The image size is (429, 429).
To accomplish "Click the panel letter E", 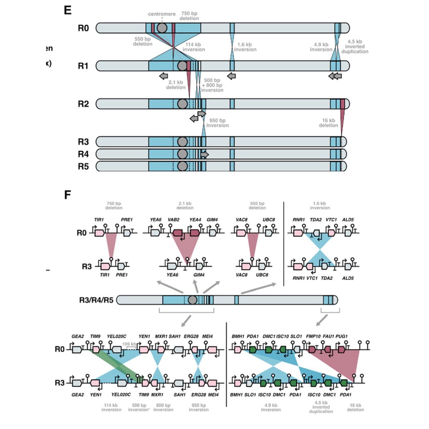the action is pyautogui.click(x=68, y=10).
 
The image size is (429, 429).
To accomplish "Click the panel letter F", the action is pyautogui.click(x=67, y=195).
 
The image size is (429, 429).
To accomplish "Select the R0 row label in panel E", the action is pyautogui.click(x=83, y=28).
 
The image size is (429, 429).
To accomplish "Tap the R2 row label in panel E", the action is pyautogui.click(x=83, y=104).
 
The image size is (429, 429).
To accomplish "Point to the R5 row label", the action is pyautogui.click(x=83, y=166).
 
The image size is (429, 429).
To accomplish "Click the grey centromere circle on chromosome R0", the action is pyautogui.click(x=162, y=28).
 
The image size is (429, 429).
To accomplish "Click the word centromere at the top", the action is pyautogui.click(x=162, y=14).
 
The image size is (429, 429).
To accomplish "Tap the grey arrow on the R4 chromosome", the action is pyautogui.click(x=204, y=154).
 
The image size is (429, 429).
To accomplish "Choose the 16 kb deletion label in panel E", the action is pyautogui.click(x=328, y=123).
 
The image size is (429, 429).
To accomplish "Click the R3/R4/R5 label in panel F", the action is pyautogui.click(x=96, y=300).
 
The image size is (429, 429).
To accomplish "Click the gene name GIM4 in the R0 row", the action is pyautogui.click(x=212, y=220).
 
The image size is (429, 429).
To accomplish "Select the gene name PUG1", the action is pyautogui.click(x=341, y=336).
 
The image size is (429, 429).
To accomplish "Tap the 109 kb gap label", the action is pyautogui.click(x=129, y=344).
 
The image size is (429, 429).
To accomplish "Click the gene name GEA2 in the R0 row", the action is pyautogui.click(x=78, y=336).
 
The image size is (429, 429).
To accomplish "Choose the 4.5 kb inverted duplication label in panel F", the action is pyautogui.click(x=321, y=407).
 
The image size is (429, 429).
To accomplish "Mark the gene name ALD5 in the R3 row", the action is pyautogui.click(x=347, y=278).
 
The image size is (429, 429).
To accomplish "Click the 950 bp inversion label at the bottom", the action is pyautogui.click(x=198, y=408).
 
